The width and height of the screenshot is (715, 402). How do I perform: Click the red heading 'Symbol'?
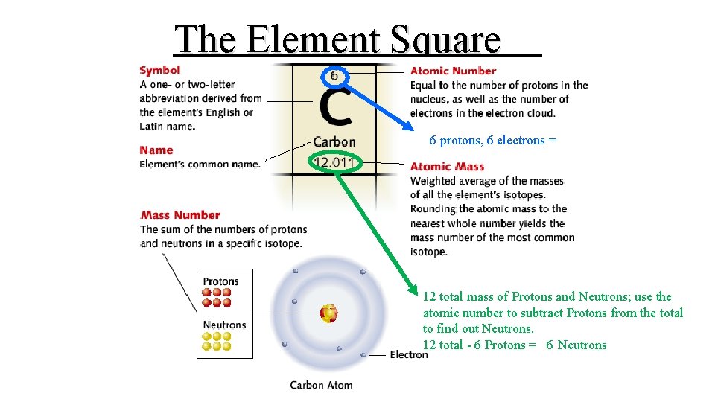[159, 70]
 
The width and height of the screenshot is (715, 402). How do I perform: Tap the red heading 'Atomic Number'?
[453, 71]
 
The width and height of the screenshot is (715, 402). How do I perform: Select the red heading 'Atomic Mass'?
[447, 167]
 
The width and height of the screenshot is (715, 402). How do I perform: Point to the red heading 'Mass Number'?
[180, 215]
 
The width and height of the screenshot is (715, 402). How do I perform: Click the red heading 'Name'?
[156, 150]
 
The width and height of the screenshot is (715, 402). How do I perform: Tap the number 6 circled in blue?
[334, 76]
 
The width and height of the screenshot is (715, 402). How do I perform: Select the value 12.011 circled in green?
[334, 162]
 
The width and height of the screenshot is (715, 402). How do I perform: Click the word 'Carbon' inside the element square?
[334, 141]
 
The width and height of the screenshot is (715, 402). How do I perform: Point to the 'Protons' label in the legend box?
[220, 281]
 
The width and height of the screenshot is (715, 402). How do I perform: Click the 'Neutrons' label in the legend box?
[224, 325]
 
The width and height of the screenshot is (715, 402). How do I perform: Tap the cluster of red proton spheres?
[217, 298]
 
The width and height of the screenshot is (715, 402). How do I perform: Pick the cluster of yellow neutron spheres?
[217, 341]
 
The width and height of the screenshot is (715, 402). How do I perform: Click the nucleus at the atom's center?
[328, 313]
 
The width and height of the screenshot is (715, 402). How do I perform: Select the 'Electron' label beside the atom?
[409, 354]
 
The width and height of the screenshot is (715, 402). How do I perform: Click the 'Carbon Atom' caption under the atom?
[321, 385]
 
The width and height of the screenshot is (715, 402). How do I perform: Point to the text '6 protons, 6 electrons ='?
[493, 140]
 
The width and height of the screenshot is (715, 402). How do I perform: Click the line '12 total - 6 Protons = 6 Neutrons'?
[515, 345]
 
